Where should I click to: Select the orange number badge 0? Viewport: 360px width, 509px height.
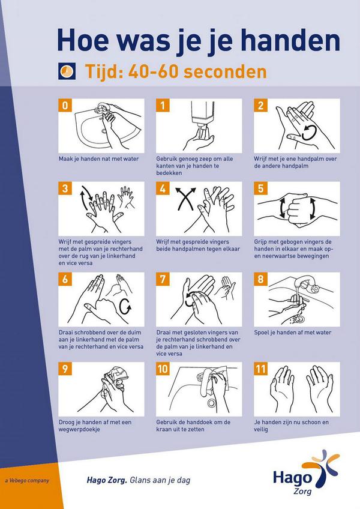[65, 106]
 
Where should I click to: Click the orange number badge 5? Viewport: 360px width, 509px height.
[260, 189]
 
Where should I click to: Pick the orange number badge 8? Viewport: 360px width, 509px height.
[260, 280]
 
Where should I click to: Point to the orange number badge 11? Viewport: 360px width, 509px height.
[261, 370]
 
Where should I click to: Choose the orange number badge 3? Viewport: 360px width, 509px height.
[65, 189]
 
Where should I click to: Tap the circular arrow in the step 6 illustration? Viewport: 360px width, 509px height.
[125, 306]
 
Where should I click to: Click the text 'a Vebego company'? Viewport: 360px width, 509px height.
[26, 480]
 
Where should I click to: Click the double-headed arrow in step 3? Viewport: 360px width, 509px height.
[86, 199]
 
